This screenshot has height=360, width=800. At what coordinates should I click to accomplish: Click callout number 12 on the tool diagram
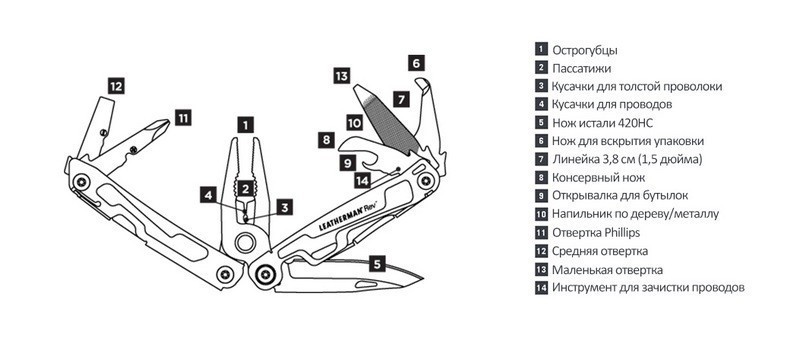116,86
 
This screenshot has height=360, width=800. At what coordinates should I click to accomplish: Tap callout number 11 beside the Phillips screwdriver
183,118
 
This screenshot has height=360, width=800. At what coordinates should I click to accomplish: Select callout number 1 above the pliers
245,125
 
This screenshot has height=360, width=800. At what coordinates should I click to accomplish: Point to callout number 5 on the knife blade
377,264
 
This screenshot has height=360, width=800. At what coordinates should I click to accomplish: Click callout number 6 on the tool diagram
416,63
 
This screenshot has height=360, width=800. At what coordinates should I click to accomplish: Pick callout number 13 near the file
341,76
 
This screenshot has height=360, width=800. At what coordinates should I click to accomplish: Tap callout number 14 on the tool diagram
363,180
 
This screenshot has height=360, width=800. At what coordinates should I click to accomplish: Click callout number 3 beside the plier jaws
285,207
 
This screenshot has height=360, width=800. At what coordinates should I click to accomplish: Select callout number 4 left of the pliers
208,195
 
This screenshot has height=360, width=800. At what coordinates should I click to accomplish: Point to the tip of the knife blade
423,278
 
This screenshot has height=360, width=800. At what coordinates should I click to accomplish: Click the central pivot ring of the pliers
245,242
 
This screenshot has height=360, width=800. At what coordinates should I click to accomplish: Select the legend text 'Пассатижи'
582,68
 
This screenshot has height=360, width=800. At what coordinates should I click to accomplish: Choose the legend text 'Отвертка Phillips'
596,233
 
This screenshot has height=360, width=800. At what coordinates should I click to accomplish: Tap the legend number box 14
541,288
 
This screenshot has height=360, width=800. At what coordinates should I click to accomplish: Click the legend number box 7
541,159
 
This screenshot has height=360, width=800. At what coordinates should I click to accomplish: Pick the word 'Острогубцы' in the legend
585,50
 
